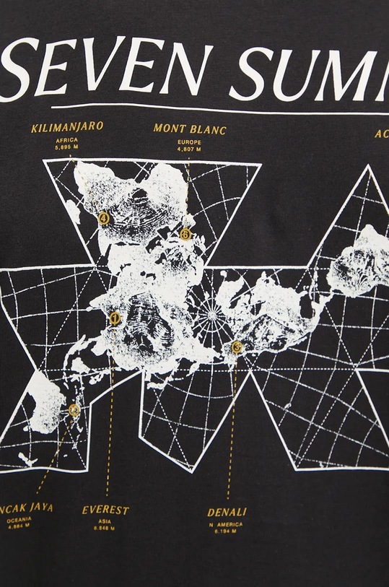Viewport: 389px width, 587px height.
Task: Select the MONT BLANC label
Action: [190, 130]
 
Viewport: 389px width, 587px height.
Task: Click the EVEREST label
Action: [105, 510]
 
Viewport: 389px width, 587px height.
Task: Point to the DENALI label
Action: [227, 513]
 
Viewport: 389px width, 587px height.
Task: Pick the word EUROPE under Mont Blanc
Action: [189, 142]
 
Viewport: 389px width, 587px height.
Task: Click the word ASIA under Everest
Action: [105, 521]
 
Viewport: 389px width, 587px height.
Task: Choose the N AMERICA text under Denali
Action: [227, 524]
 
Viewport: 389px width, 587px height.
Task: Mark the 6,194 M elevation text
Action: [227, 531]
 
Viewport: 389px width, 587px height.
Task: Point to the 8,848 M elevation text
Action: [105, 529]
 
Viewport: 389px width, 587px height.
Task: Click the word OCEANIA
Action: [19, 518]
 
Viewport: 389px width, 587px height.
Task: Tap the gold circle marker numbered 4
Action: [105, 217]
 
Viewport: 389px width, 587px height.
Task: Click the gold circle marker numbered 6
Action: [185, 233]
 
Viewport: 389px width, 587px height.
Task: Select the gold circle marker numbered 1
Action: [115, 318]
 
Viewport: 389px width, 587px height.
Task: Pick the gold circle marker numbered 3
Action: [237, 347]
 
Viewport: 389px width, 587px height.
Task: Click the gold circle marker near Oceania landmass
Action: [74, 410]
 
